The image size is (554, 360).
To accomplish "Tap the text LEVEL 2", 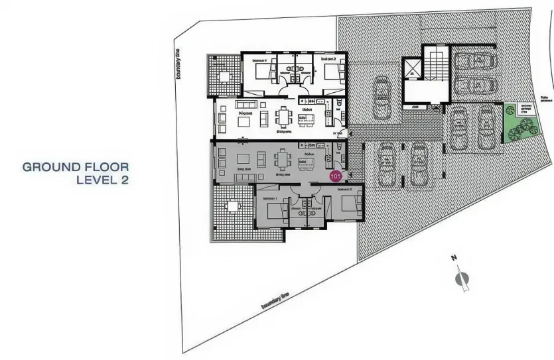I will pos(102,179).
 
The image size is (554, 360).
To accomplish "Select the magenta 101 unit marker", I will pos(336,176).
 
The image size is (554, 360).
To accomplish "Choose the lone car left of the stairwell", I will pos(381,97).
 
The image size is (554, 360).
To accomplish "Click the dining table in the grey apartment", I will pos(284,159).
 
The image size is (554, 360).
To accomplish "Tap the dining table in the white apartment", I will pos(285,117).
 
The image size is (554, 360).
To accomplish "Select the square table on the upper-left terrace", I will pos(223,76).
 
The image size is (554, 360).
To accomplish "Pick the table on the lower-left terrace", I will pos(231,206).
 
